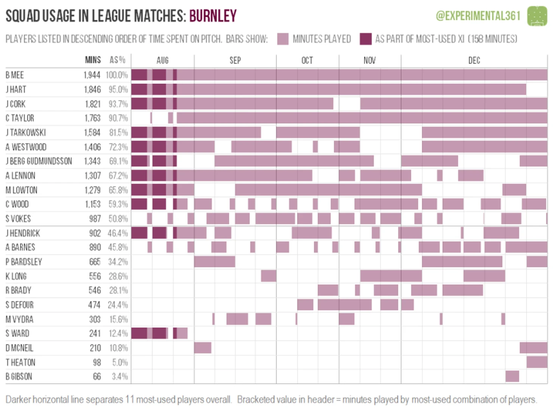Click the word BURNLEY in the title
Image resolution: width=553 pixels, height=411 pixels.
(x=213, y=16)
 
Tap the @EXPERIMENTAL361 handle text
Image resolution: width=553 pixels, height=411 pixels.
(x=478, y=16)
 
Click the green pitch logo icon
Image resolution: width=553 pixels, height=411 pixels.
(x=537, y=16)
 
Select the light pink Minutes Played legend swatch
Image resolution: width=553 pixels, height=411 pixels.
(x=283, y=39)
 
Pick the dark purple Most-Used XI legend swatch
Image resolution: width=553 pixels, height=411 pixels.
(x=366, y=39)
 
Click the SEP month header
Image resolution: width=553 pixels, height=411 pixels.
(x=235, y=60)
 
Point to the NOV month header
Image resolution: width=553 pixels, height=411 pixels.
(x=369, y=60)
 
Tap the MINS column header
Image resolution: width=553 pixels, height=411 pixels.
(x=93, y=60)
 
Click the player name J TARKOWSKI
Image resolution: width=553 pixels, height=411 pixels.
(x=26, y=133)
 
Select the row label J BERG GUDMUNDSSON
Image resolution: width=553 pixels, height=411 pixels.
(x=39, y=161)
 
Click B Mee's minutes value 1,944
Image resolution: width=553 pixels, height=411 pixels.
(x=92, y=75)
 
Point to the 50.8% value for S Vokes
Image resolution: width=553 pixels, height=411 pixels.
(x=118, y=219)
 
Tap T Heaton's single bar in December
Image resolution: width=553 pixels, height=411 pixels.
(x=537, y=362)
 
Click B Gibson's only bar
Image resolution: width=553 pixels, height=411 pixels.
(x=512, y=376)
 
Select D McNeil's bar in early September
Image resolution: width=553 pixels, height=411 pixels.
(x=203, y=347)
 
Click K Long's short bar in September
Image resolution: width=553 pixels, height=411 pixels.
(x=269, y=276)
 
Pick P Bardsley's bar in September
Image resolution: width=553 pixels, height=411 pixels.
(x=214, y=262)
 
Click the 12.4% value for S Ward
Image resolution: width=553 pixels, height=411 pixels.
(x=118, y=333)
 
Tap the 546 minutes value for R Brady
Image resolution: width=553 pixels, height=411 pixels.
(x=95, y=290)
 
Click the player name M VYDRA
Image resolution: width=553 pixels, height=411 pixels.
(x=19, y=319)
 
